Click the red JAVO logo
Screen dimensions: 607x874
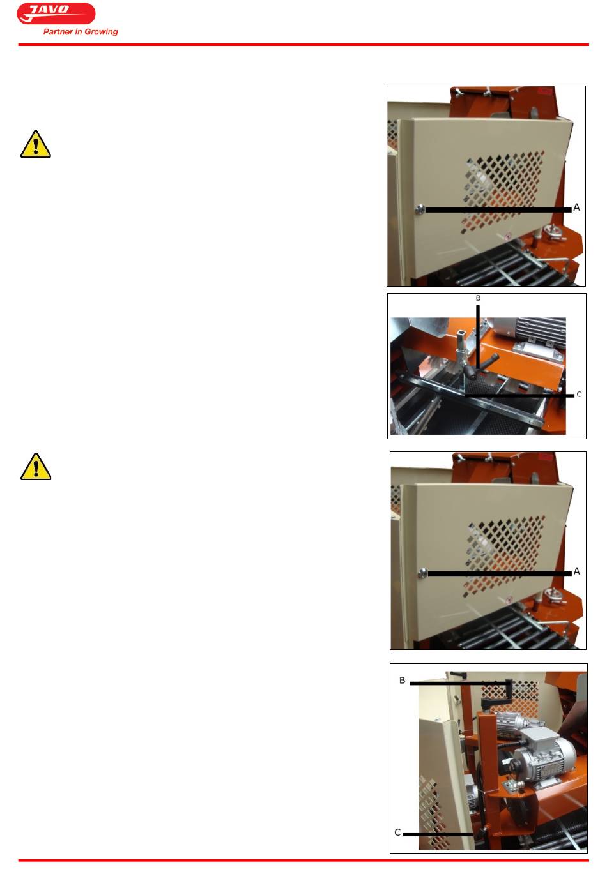[56, 13]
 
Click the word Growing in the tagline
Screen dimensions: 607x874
[101, 32]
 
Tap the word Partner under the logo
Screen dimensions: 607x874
[58, 32]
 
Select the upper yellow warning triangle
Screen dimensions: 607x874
[36, 144]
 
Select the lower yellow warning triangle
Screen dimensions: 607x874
[36, 466]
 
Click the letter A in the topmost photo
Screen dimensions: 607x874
[576, 207]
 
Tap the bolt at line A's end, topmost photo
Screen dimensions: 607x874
[420, 209]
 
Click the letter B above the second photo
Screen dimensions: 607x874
[478, 298]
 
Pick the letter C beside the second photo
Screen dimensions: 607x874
[579, 395]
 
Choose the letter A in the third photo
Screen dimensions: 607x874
[577, 572]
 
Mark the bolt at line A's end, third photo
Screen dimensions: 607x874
[422, 573]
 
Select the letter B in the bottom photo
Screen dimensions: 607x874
[403, 681]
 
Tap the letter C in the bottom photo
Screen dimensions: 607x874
[397, 833]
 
